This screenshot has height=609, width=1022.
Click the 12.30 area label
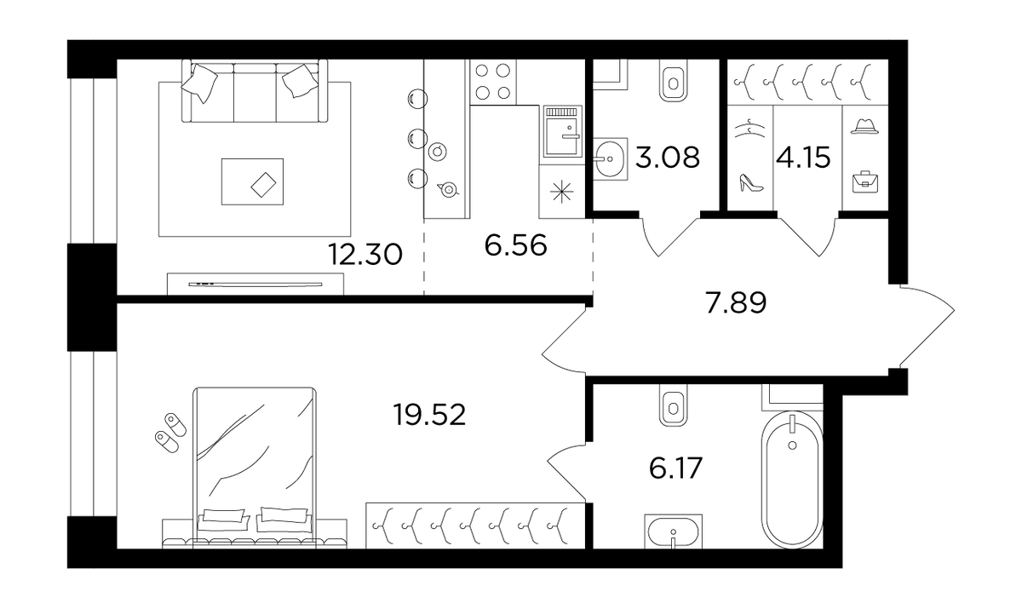pyautogui.click(x=365, y=254)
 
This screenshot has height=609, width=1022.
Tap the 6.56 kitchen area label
pyautogui.click(x=515, y=246)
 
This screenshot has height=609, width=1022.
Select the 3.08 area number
pyautogui.click(x=668, y=158)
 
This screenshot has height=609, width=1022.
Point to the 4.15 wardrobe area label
pyautogui.click(x=803, y=158)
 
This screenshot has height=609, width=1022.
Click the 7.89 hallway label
pyautogui.click(x=736, y=303)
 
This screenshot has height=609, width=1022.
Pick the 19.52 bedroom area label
pyautogui.click(x=430, y=415)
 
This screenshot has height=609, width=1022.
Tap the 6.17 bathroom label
pyautogui.click(x=675, y=468)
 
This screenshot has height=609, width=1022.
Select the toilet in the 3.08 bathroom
pyautogui.click(x=673, y=83)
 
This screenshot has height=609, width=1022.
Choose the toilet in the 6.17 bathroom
pyautogui.click(x=673, y=406)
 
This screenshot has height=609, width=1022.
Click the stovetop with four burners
pyautogui.click(x=493, y=82)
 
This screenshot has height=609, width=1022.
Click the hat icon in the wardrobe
pyautogui.click(x=864, y=126)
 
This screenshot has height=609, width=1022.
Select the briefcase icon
pyautogui.click(x=865, y=181)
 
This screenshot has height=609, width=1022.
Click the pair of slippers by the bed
pyautogui.click(x=170, y=433)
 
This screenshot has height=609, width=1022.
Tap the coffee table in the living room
pyautogui.click(x=252, y=181)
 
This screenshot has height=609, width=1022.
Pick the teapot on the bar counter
pyautogui.click(x=448, y=189)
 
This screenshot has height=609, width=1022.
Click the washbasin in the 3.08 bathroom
pyautogui.click(x=610, y=158)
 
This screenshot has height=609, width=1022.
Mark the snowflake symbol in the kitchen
pyautogui.click(x=561, y=192)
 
